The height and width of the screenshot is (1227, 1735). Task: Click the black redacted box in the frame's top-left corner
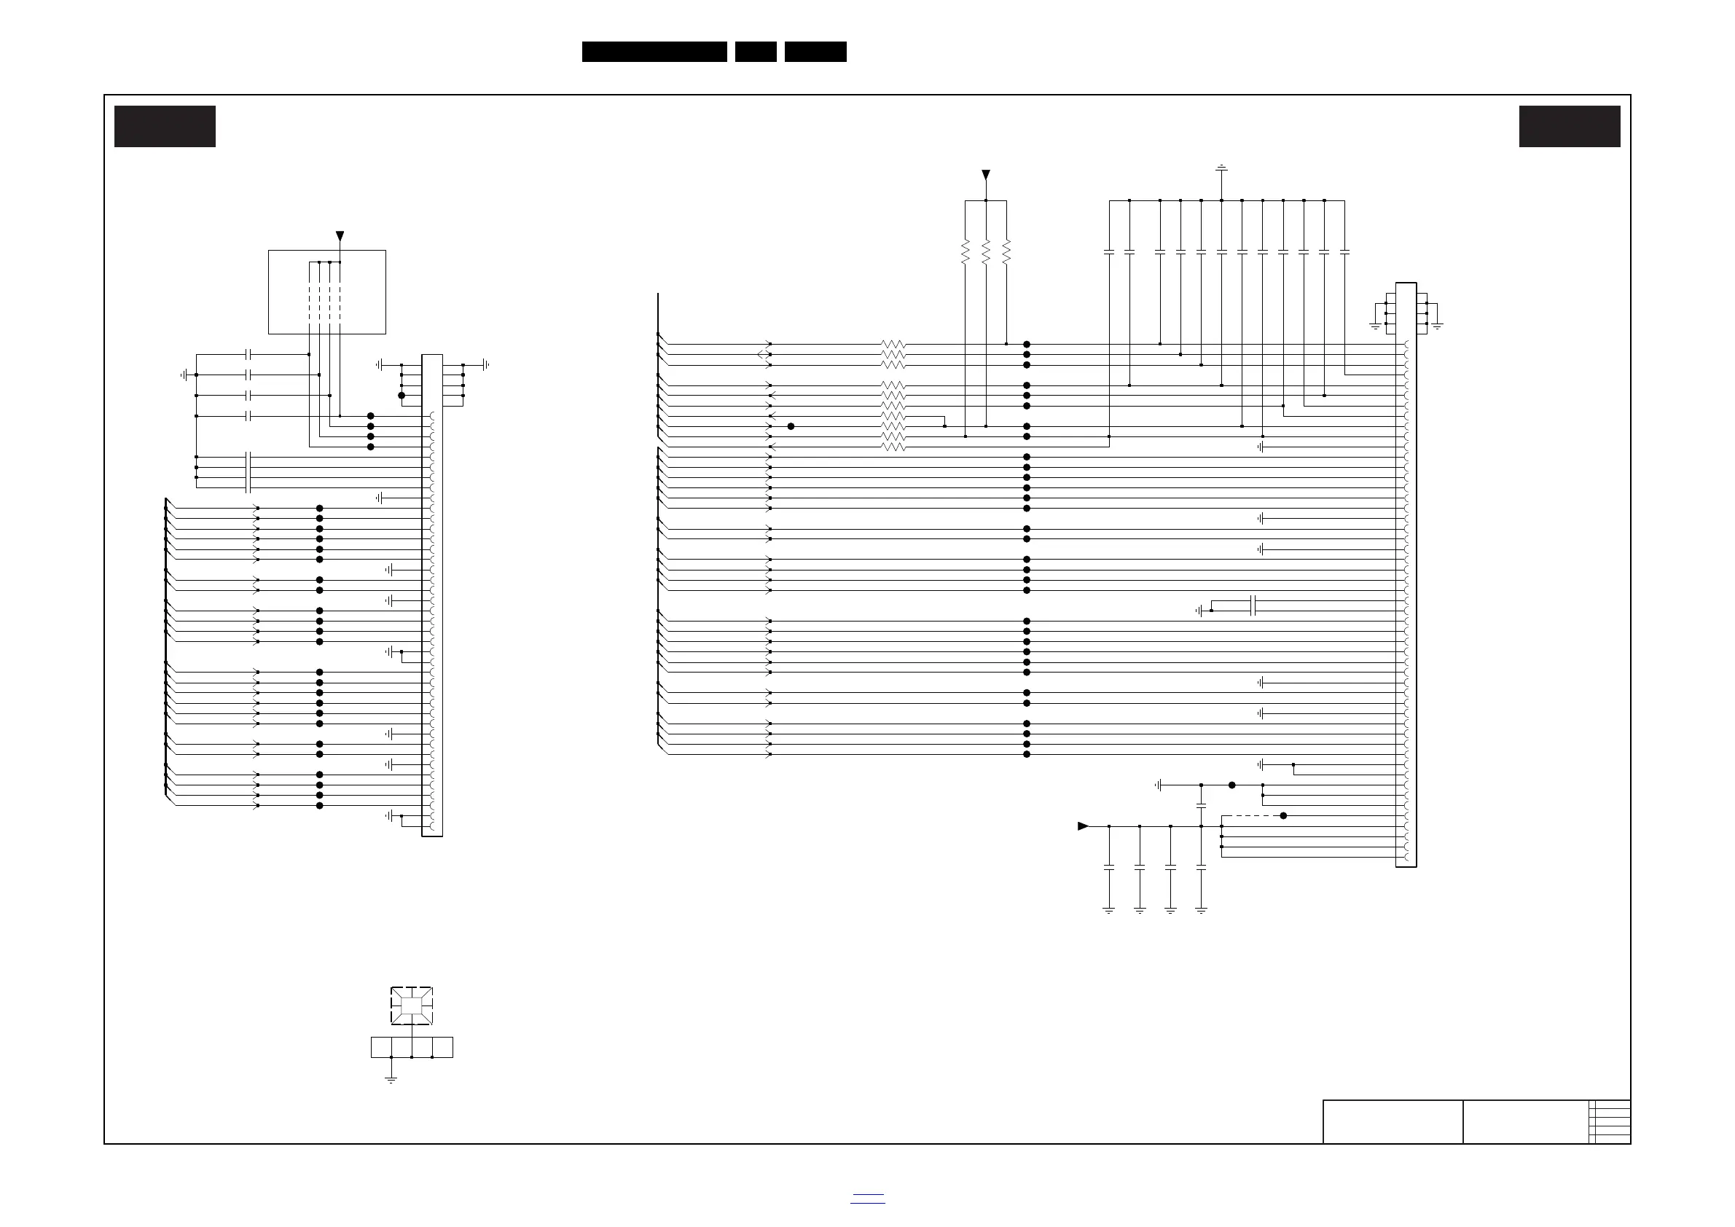(165, 126)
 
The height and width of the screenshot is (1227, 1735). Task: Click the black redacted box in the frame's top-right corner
(1570, 126)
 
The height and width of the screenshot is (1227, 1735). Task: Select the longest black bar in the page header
(654, 52)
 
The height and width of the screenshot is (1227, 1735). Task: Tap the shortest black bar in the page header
(756, 52)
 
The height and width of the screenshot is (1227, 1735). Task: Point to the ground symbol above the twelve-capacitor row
(1221, 168)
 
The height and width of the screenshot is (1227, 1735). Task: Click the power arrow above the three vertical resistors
(985, 176)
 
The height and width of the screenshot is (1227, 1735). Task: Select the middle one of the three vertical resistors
(985, 252)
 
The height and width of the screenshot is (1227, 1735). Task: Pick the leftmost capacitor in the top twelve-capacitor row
(1109, 252)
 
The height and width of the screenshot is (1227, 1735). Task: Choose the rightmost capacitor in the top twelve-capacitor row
(1344, 252)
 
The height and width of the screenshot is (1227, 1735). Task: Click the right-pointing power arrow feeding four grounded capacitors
(1083, 826)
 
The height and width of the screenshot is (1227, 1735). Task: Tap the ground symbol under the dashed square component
(391, 1080)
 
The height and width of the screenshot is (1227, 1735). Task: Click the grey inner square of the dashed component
(411, 1005)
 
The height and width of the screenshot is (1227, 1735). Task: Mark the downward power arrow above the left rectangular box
(340, 236)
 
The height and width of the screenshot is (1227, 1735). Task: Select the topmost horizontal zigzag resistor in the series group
(893, 345)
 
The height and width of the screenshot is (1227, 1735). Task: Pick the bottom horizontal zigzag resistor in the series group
(893, 447)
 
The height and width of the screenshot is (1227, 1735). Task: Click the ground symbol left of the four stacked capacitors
(184, 375)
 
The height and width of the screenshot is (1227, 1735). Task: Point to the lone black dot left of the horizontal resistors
(791, 427)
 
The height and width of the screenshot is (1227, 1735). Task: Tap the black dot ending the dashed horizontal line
(1283, 816)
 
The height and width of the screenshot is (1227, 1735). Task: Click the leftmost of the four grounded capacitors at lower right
(1109, 867)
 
